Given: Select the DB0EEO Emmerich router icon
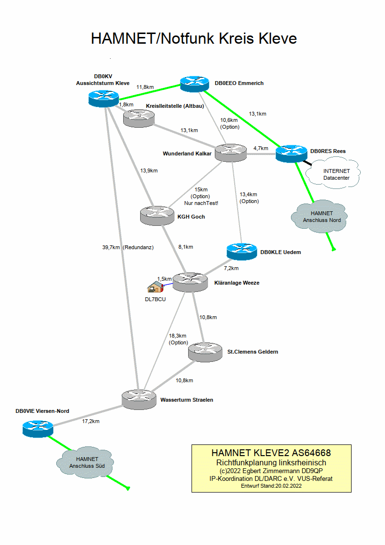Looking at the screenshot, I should click(x=194, y=84).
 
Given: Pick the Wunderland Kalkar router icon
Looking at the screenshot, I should click(x=230, y=153).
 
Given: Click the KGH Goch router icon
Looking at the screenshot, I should click(x=156, y=215).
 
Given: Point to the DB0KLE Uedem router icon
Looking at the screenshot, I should click(x=242, y=251).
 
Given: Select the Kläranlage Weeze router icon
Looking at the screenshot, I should click(x=190, y=282).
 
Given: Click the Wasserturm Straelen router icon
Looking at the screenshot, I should click(x=138, y=399).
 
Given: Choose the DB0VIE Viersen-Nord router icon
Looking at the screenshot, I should click(x=37, y=428).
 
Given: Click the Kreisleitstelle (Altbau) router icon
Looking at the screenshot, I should click(x=138, y=117).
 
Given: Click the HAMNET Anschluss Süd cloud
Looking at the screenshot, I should click(x=87, y=462).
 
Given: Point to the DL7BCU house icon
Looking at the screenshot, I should click(x=155, y=287).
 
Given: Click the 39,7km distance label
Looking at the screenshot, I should click(x=111, y=247).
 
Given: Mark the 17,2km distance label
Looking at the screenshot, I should click(x=91, y=421).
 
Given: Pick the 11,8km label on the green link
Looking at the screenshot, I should click(x=145, y=87).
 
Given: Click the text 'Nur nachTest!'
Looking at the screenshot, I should click(x=201, y=203).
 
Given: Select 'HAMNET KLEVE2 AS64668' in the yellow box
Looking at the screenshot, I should click(x=271, y=453).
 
